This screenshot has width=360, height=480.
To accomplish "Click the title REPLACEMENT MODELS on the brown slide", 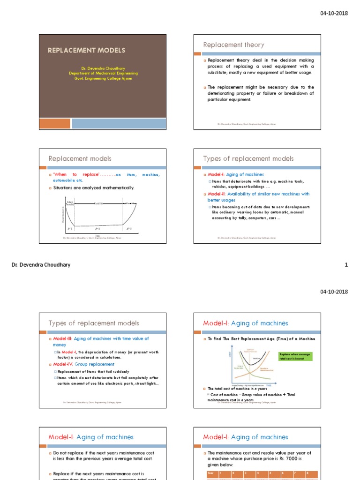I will (86, 50).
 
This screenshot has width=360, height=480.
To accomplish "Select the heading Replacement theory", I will (233, 45).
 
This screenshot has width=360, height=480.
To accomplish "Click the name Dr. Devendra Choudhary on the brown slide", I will (103, 68).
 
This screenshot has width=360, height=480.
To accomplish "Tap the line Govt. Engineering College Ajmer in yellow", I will (103, 78).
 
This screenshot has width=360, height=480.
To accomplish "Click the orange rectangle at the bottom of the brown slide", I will (54, 123).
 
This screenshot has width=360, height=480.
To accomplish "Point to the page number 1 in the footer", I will (346, 265).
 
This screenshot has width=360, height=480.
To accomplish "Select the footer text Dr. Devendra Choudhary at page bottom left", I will (41, 265).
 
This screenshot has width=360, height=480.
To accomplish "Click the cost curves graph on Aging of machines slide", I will (253, 366).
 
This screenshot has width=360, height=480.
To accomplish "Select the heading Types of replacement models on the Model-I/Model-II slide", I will (248, 159).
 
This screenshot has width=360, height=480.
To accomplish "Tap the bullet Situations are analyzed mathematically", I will (93, 187).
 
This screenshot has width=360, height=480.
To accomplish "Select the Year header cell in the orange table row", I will (210, 473).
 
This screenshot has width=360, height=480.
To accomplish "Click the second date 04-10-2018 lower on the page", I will (334, 292).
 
